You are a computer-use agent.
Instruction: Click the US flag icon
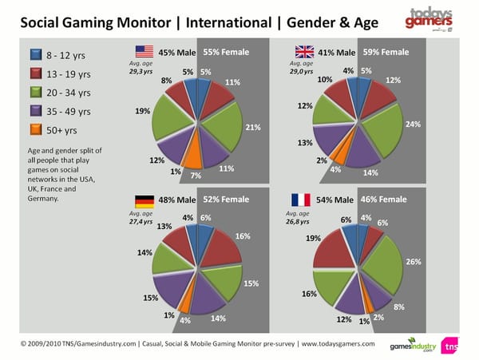pos(144,52)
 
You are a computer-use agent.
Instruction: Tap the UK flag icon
pos(301,52)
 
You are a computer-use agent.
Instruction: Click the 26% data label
pos(414,261)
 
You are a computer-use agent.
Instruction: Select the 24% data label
pos(413,125)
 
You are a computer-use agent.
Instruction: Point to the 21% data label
pos(252,127)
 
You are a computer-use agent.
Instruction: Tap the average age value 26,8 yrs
pos(298,221)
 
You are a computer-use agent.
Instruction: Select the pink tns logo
pos(451,346)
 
